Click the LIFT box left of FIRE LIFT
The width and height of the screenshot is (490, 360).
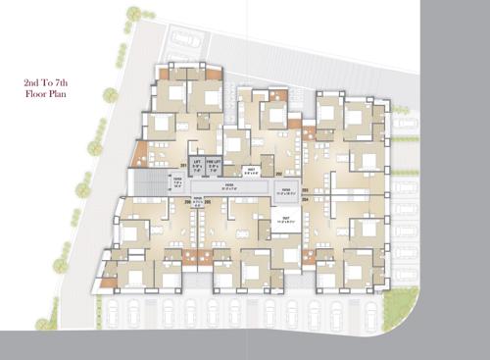198,164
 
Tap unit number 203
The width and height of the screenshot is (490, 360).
305,189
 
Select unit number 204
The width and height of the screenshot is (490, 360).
305,199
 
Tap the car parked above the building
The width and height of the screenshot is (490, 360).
186,40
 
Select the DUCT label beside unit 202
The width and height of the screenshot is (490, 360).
251,171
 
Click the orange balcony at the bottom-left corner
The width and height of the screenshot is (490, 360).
107,283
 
